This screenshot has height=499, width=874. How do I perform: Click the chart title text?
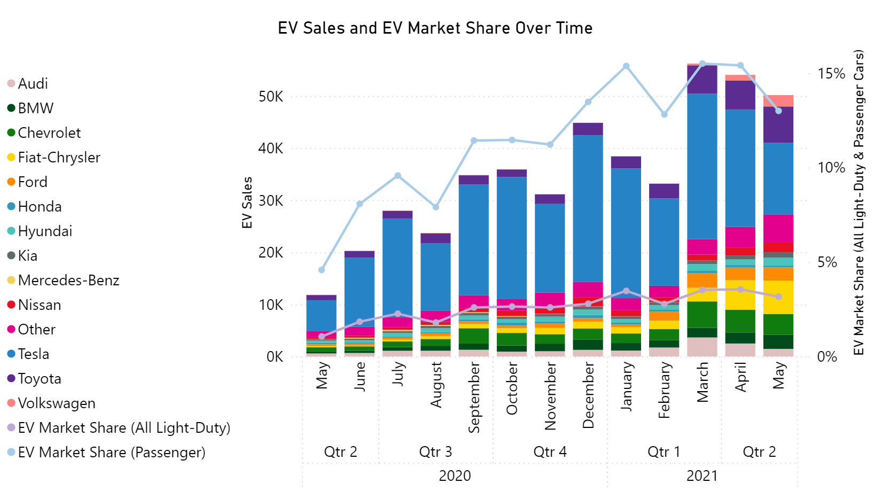point(435,28)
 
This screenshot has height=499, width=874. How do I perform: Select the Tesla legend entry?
point(33,354)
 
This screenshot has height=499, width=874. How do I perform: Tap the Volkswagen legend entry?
point(56,403)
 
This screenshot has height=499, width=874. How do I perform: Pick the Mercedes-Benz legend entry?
point(68,280)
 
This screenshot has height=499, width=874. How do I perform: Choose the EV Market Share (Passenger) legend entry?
point(111,453)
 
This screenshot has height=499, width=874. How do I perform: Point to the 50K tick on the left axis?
point(271,97)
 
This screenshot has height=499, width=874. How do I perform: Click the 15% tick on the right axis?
point(831,74)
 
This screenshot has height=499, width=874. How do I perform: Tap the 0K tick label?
point(275,357)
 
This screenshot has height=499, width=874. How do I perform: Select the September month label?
point(474,397)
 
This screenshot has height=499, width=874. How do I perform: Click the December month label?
point(588,395)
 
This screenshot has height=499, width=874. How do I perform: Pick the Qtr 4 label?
point(550,452)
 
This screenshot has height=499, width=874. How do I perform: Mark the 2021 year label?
point(702,475)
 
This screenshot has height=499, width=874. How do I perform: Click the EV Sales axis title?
point(247,202)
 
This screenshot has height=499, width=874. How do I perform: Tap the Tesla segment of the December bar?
point(588,208)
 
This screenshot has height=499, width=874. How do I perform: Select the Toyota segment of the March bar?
point(702,80)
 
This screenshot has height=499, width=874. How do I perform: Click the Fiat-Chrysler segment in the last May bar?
point(778,297)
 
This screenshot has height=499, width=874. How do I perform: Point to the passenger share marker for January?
point(626,66)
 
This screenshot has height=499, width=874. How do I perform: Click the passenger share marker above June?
point(360,204)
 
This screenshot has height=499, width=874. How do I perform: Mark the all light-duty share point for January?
point(626,291)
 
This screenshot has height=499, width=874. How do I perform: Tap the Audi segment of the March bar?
point(702,347)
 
